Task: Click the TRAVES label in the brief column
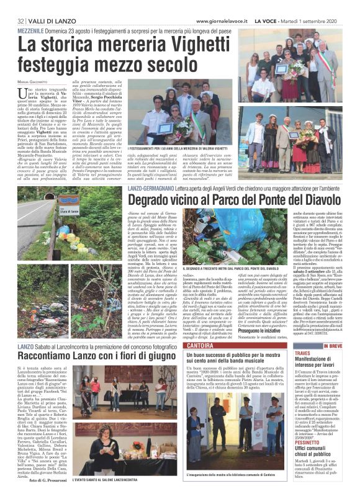tap(302, 353)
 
